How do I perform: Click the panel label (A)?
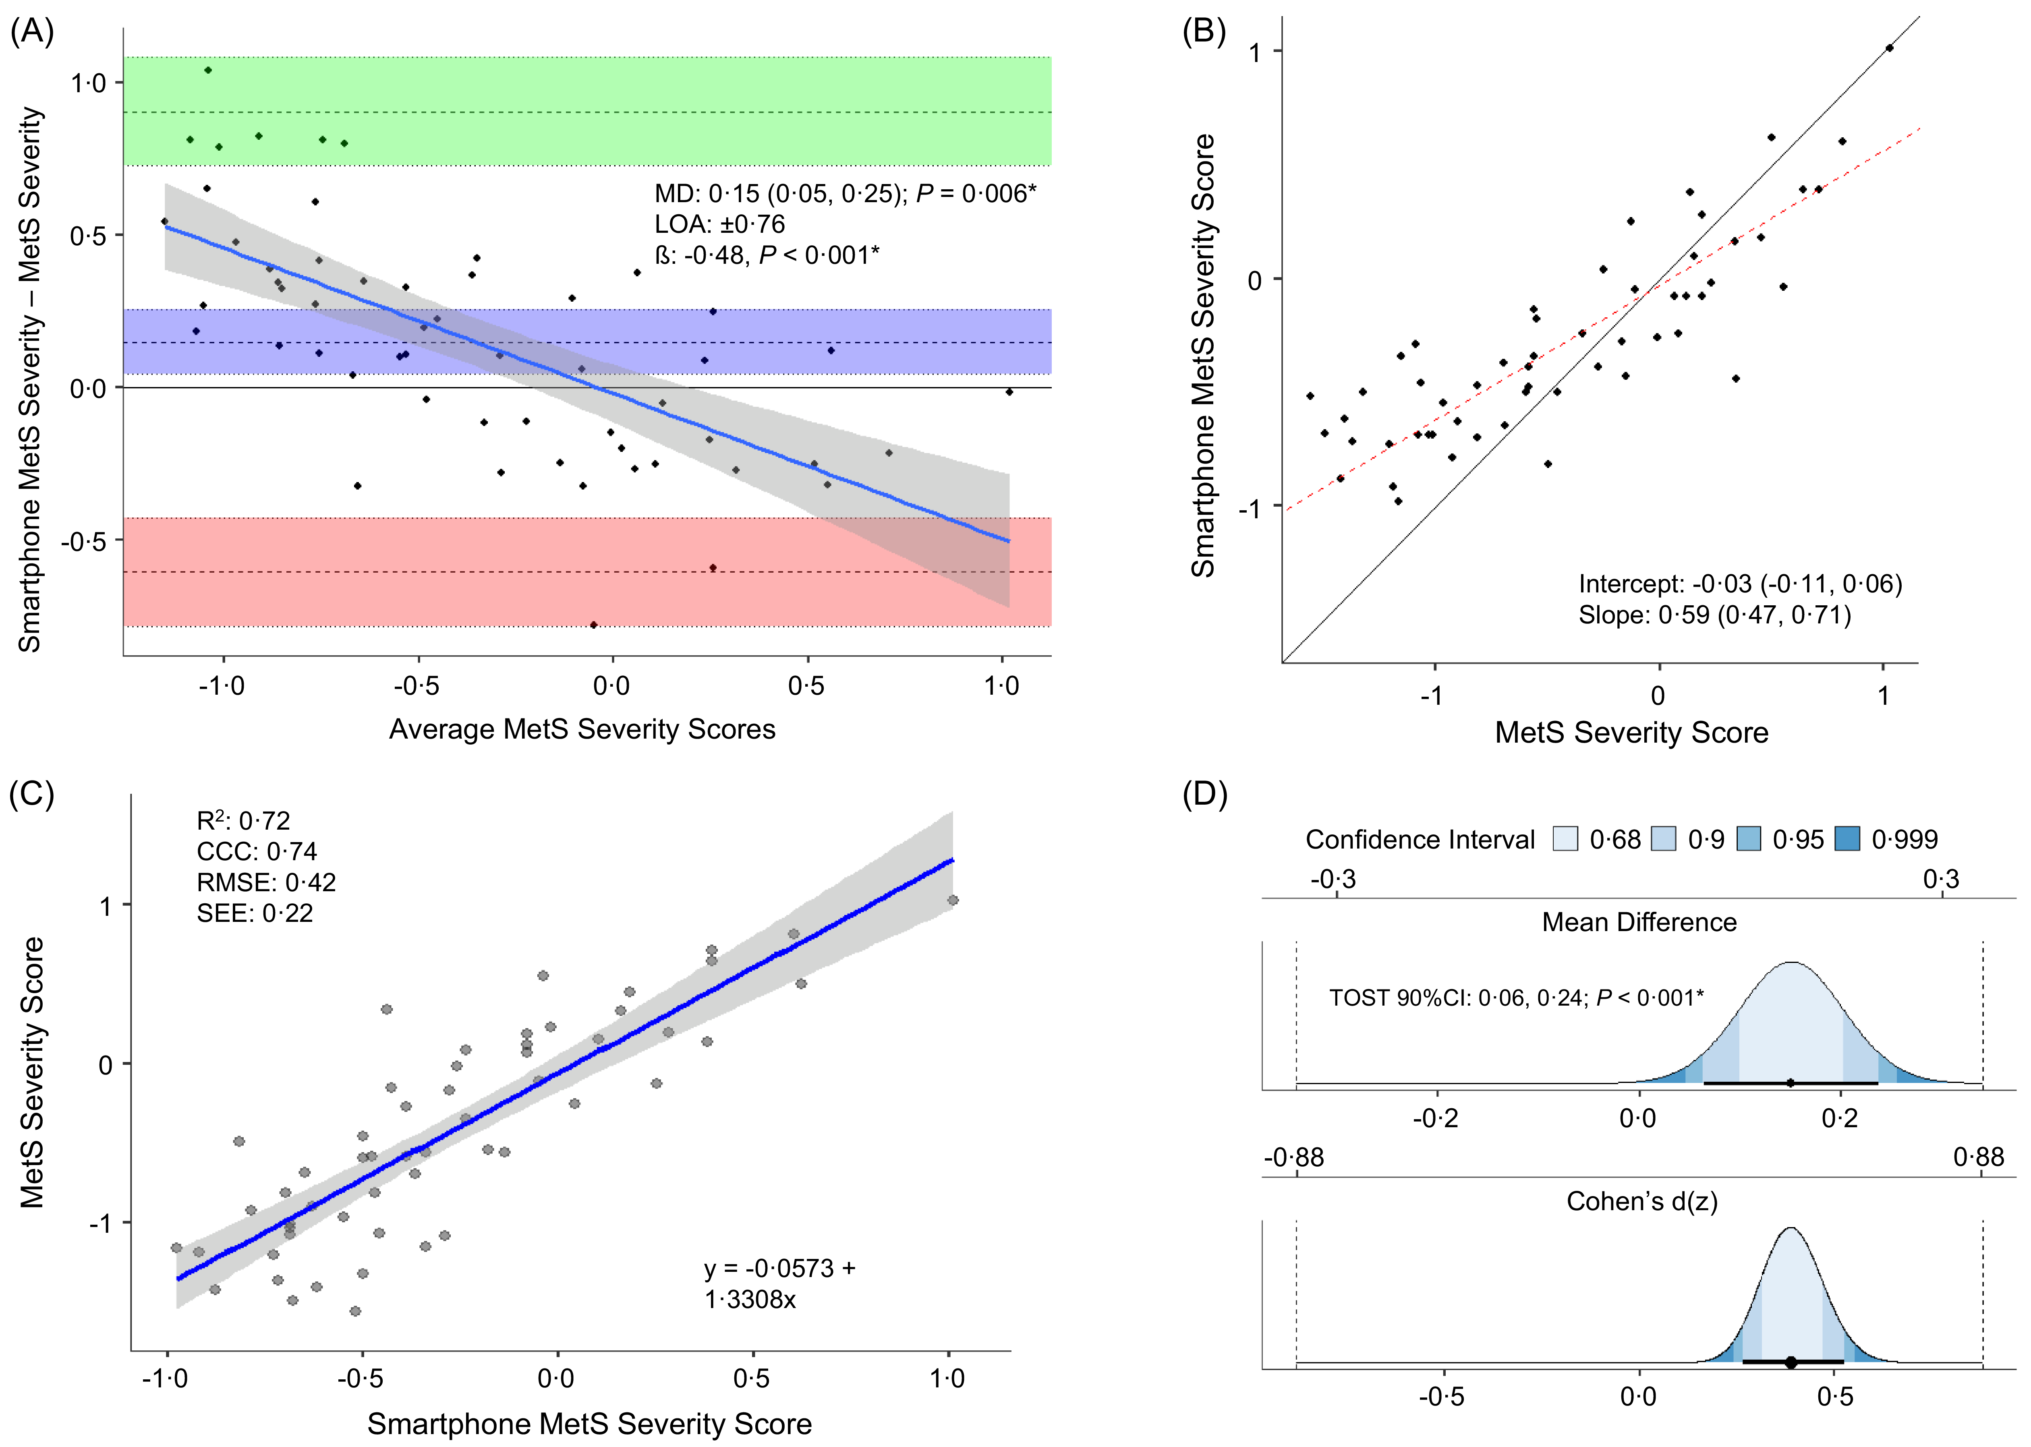[32, 32]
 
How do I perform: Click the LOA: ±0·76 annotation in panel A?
[719, 225]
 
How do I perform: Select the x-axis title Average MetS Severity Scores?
[582, 730]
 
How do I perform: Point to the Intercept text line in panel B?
[1740, 584]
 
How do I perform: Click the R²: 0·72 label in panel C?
[243, 821]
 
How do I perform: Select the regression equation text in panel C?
[779, 1284]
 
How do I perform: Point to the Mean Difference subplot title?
[1639, 922]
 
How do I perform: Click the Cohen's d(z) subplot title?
[1641, 1202]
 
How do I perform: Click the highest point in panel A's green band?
[207, 70]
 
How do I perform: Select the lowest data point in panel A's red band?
[593, 625]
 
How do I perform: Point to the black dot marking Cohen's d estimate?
[1791, 1362]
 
